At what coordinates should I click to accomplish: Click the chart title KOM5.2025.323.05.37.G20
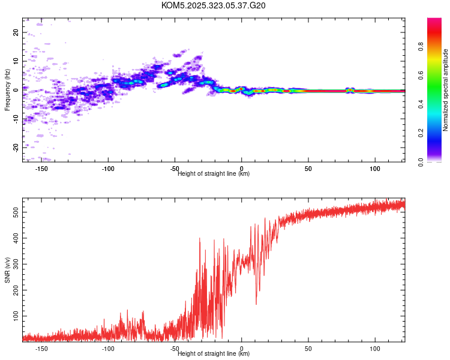point(214,5)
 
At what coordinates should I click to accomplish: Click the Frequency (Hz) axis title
point(7,90)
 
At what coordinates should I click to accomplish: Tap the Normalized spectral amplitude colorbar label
point(446,90)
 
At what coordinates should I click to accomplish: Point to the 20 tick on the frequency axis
point(16,33)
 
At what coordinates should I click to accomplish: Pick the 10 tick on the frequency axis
point(16,61)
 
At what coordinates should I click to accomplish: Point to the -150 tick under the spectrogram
point(42,169)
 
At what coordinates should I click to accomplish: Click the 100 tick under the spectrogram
point(374,169)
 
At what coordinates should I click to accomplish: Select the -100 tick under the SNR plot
point(109,348)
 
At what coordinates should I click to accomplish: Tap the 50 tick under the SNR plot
point(308,348)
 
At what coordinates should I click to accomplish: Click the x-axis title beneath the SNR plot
point(214,354)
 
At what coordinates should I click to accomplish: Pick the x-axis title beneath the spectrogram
point(214,174)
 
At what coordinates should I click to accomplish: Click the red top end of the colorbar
point(434,21)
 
